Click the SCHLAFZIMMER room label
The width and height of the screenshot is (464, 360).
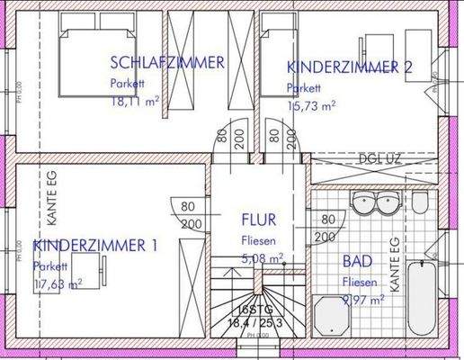166,62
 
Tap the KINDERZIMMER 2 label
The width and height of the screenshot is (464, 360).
349,67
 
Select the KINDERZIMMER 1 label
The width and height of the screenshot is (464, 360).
95,246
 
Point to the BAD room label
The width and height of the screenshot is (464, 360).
358,262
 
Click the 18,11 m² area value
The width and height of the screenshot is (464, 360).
135,103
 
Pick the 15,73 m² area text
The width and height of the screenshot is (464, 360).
311,105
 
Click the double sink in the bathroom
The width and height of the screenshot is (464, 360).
372,203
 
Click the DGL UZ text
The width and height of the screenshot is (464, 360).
377,158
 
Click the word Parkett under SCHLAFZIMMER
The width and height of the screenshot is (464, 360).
127,83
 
